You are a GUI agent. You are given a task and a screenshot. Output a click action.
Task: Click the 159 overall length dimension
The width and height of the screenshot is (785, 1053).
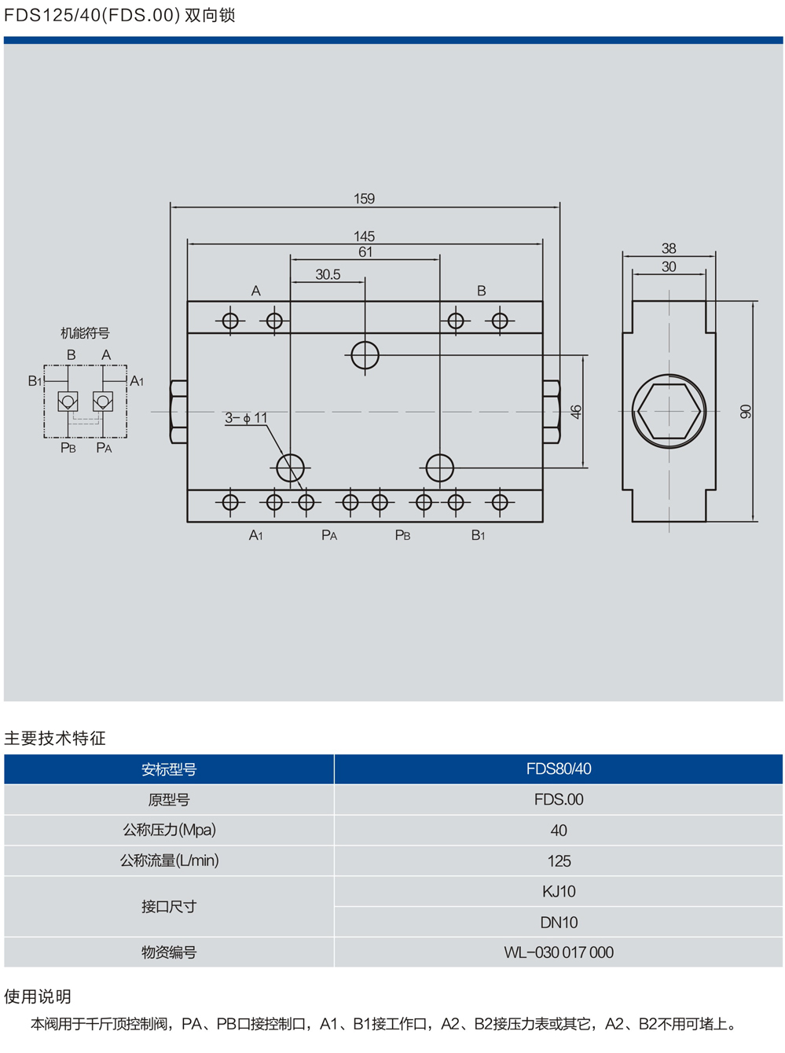[364, 199]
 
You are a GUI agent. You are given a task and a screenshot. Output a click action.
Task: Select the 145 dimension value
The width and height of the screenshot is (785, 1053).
[364, 236]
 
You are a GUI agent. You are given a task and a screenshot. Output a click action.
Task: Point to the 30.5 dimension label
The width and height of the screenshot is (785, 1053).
[328, 274]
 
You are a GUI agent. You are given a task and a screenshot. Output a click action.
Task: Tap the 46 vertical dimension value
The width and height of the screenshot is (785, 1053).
[576, 411]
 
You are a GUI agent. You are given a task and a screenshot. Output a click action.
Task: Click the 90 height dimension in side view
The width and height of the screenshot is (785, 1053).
[746, 411]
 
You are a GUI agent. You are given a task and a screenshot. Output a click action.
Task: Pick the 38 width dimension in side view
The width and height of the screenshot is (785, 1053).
[669, 248]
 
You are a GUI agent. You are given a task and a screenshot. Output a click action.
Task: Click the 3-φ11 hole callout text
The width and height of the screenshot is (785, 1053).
[246, 418]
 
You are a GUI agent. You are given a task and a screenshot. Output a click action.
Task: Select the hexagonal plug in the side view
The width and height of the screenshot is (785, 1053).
[669, 411]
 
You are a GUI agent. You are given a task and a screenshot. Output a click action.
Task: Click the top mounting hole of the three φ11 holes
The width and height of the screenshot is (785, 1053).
[365, 355]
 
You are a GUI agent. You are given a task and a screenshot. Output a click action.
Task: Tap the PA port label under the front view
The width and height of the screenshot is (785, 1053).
[329, 535]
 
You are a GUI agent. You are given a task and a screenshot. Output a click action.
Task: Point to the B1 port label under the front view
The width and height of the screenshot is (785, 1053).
[478, 535]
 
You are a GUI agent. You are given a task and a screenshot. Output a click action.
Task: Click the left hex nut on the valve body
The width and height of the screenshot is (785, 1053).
[178, 412]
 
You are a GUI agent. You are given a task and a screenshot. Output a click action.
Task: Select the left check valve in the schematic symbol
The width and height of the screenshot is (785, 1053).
[68, 402]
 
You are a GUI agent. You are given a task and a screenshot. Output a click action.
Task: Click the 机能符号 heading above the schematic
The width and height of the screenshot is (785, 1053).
[85, 333]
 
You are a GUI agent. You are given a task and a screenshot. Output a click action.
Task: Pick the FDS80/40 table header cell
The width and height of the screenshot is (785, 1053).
[559, 769]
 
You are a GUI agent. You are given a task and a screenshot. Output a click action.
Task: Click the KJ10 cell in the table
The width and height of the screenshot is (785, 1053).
[559, 891]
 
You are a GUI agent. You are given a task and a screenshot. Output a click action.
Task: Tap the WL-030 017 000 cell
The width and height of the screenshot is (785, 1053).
[559, 952]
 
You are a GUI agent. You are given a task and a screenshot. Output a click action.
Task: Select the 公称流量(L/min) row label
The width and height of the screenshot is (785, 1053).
[169, 860]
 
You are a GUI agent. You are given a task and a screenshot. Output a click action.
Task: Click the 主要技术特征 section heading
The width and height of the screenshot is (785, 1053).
[55, 738]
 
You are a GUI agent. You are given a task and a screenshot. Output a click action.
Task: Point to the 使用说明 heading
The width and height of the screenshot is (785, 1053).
[38, 996]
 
